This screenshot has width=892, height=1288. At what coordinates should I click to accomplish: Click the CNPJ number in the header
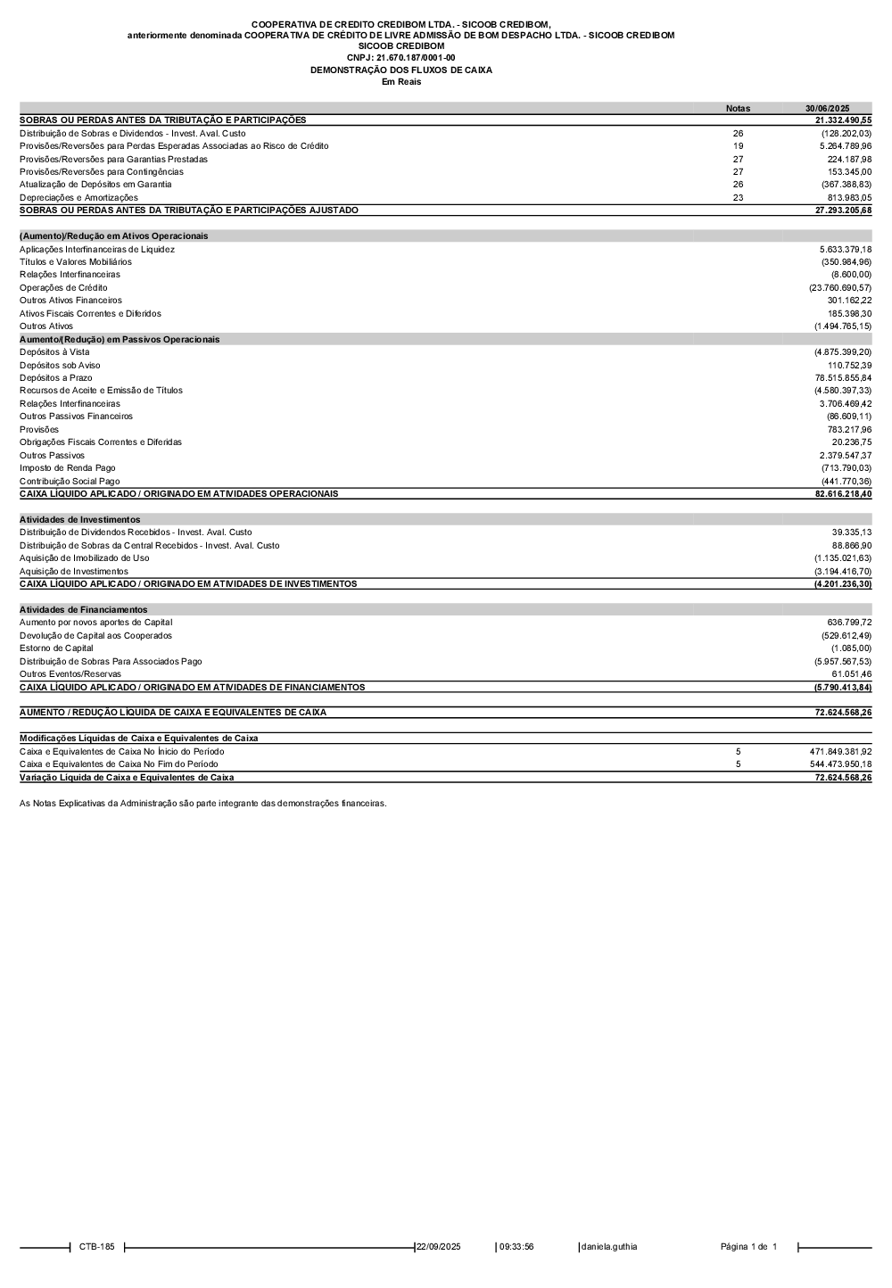coord(401,58)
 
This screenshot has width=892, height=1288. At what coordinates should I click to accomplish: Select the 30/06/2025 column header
coord(827,109)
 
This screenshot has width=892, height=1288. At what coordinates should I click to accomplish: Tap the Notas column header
coord(738,109)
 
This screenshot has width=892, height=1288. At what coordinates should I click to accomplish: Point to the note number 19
coord(738,146)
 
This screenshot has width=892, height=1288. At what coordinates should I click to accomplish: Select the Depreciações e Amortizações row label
coord(78,198)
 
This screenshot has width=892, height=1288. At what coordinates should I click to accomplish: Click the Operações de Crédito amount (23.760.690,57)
coord(840,288)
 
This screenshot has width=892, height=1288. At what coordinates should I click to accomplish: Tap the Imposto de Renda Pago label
coord(67,468)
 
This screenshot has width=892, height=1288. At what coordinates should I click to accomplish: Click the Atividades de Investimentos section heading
coord(79,519)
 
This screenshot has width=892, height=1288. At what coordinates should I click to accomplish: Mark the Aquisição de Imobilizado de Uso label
coord(85,558)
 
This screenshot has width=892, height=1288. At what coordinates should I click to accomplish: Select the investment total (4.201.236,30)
coord(842,584)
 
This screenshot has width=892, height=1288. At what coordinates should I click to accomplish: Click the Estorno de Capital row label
coord(56,648)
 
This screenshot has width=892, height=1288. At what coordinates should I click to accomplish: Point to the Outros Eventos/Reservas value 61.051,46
coord(850,674)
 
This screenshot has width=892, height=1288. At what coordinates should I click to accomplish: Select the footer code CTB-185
coord(96,1247)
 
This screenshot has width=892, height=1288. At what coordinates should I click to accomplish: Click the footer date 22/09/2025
coord(439,1247)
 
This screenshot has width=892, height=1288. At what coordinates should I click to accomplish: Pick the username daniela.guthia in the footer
coord(609,1247)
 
